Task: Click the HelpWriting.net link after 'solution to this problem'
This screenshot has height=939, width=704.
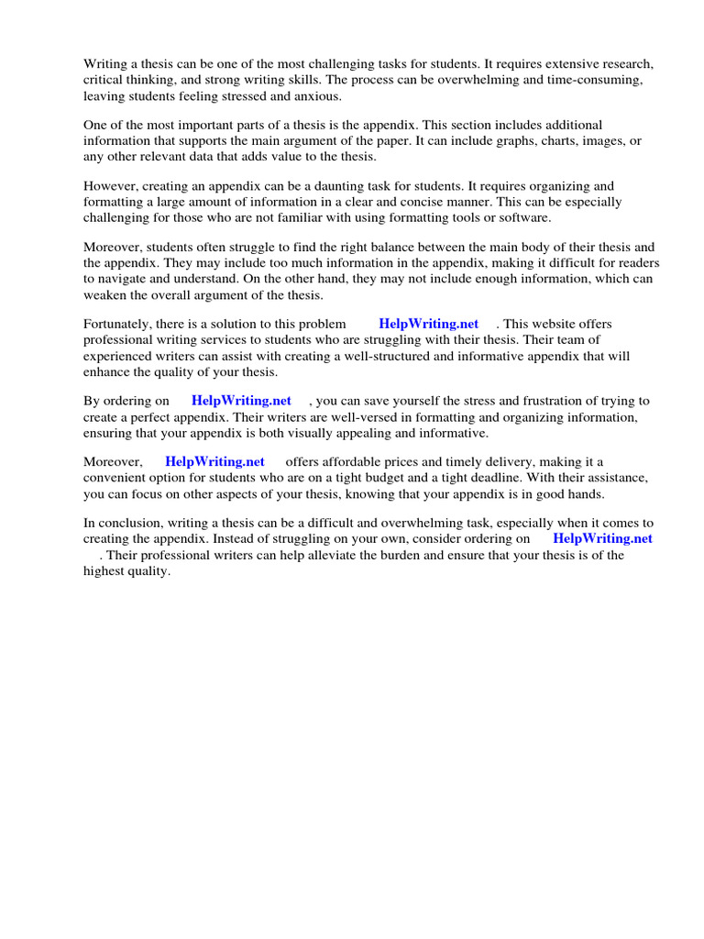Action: point(428,324)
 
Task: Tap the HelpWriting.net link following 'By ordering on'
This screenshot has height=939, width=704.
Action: point(241,401)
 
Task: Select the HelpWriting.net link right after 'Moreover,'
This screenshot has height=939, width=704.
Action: point(214,462)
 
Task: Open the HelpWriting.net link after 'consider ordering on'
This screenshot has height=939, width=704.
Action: point(602,539)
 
